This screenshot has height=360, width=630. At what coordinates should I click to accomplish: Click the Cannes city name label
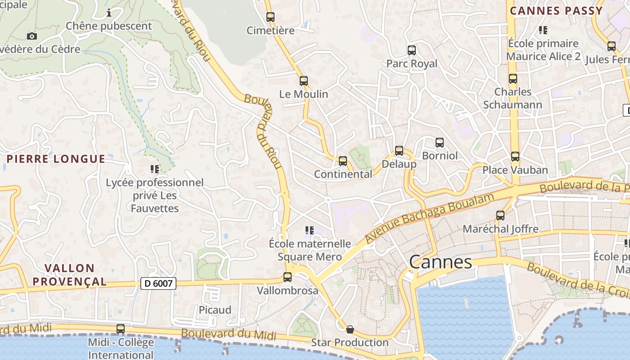pyautogui.click(x=441, y=262)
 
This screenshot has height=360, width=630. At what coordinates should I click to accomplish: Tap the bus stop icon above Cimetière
pyautogui.click(x=270, y=17)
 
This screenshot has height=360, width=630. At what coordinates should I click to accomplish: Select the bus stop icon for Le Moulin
pyautogui.click(x=304, y=81)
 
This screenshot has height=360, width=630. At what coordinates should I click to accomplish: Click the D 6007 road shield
pyautogui.click(x=158, y=283)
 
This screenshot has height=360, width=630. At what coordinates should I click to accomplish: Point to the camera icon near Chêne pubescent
pyautogui.click(x=32, y=36)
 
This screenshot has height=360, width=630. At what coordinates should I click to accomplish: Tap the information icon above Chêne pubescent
pyautogui.click(x=108, y=13)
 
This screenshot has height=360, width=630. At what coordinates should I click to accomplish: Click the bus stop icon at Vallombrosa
pyautogui.click(x=288, y=277)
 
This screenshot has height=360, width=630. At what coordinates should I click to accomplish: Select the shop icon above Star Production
pyautogui.click(x=350, y=329)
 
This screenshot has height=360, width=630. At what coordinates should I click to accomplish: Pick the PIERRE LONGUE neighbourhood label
pyautogui.click(x=56, y=159)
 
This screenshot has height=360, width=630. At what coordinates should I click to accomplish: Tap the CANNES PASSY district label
pyautogui.click(x=556, y=11)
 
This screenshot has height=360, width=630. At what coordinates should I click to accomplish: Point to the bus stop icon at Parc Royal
pyautogui.click(x=412, y=50)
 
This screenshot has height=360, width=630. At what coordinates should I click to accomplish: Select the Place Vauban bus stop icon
pyautogui.click(x=515, y=157)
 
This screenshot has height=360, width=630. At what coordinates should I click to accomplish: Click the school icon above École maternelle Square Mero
pyautogui.click(x=310, y=230)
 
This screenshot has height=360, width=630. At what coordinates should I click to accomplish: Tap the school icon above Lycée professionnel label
pyautogui.click(x=155, y=169)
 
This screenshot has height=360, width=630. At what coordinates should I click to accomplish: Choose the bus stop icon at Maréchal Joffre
pyautogui.click(x=500, y=216)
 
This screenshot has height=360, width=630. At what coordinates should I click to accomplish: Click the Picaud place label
pyautogui.click(x=215, y=310)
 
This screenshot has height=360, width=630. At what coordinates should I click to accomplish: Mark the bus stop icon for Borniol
pyautogui.click(x=440, y=143)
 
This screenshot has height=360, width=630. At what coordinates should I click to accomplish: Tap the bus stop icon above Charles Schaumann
pyautogui.click(x=513, y=79)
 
